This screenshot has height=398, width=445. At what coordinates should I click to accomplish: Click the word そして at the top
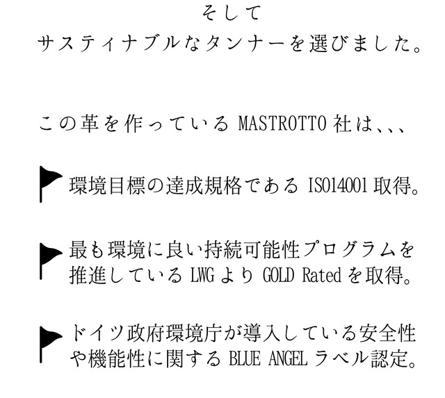click(222, 13)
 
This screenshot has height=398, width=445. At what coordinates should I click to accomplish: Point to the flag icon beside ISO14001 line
click(49, 183)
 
